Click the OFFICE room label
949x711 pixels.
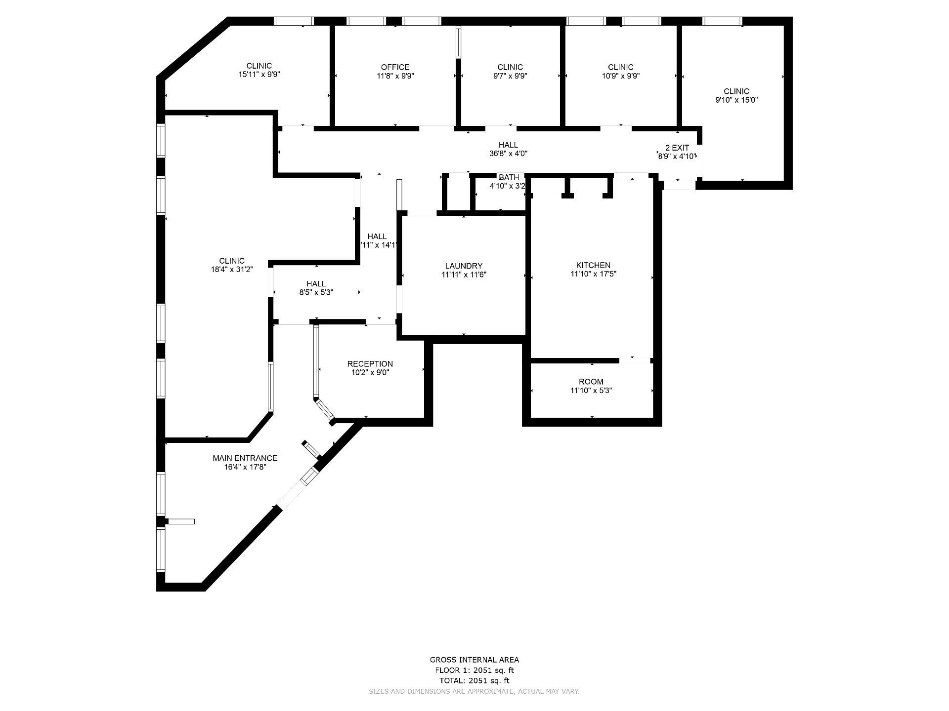coord(395,67)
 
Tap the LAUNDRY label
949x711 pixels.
coord(464,266)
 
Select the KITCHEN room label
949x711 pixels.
coord(593,265)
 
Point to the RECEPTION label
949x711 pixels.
coord(370,364)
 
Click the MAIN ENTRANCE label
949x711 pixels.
coord(245,458)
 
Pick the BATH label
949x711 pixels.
coord(509,177)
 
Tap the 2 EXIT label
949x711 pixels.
coord(677,148)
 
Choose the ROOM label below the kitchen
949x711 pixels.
coord(591,382)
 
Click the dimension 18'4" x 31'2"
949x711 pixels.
coord(232,270)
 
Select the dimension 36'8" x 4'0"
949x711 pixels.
coord(508,154)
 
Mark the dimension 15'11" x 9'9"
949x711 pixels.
coord(259,75)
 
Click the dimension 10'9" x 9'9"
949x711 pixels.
coord(620,76)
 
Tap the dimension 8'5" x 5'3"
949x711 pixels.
coord(316,292)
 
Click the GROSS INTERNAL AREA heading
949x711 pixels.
coord(474,660)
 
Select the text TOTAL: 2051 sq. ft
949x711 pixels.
coord(474,680)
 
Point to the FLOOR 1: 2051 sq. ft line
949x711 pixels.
coord(474,670)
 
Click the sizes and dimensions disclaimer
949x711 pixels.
coord(474,692)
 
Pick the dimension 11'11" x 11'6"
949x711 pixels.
coord(464,275)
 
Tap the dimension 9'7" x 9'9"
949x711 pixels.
coord(510,76)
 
